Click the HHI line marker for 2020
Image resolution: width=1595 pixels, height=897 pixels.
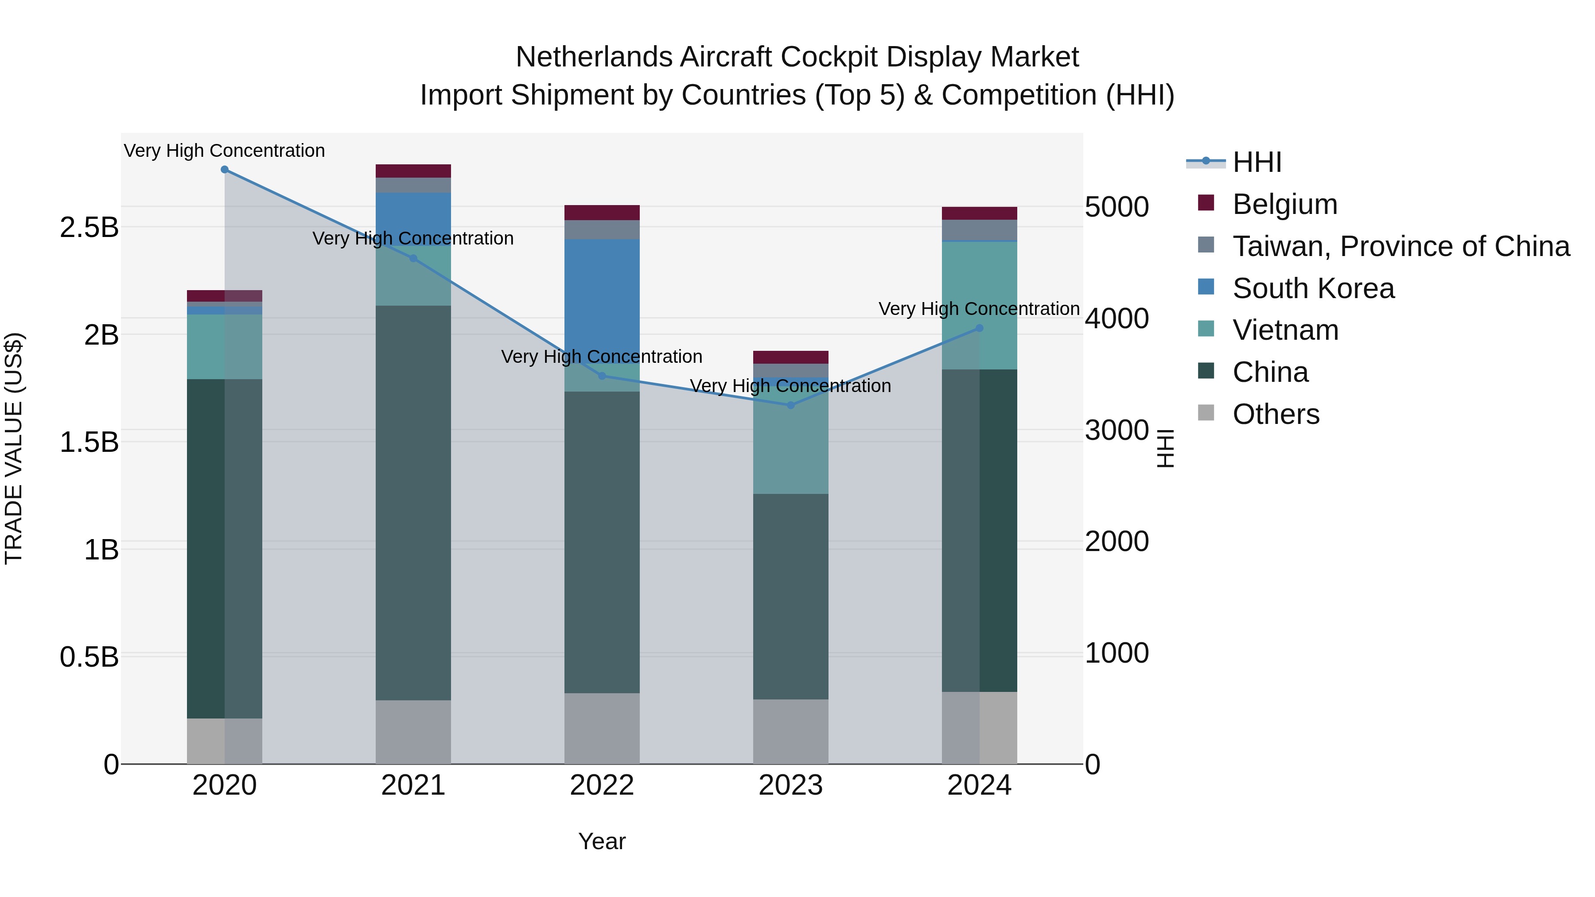[225, 170]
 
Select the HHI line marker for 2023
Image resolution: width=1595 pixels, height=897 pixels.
[791, 405]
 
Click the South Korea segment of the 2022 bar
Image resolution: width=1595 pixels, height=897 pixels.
[602, 297]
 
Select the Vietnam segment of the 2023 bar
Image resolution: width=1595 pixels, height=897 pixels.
[791, 446]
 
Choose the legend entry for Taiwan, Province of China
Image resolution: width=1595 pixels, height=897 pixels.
[1400, 246]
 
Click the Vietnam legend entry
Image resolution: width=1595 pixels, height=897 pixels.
[1285, 330]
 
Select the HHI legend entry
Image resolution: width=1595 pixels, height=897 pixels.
[1257, 162]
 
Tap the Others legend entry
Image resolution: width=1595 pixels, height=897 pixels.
[1276, 414]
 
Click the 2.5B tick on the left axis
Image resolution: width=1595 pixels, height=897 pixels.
[89, 228]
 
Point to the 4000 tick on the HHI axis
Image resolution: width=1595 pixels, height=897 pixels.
[1116, 319]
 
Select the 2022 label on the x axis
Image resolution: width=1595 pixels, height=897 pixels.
[602, 785]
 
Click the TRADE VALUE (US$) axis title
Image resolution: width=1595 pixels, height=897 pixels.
[14, 448]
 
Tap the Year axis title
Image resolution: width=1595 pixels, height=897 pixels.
[602, 841]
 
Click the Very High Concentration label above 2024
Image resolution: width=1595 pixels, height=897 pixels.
[979, 309]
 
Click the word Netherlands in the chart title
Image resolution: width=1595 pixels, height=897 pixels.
[595, 57]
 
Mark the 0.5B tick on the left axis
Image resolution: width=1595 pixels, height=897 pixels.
[89, 657]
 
